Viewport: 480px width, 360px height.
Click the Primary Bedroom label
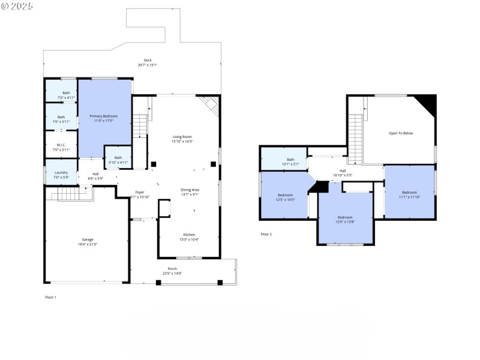[x=104, y=116]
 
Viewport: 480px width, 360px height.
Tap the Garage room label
[x=88, y=239]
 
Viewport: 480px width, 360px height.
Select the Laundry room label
[x=61, y=173]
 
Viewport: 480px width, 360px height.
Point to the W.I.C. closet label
[x=61, y=145]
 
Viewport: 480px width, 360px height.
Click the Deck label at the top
[x=148, y=60]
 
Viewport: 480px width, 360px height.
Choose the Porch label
[x=172, y=268]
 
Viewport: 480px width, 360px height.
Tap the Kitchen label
[x=189, y=235]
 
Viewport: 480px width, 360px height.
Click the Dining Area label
[x=190, y=190]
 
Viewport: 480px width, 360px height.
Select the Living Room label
[x=182, y=137]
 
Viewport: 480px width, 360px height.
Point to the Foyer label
[x=139, y=192]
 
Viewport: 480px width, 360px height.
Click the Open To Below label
[x=401, y=133]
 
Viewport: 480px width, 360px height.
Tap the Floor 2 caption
[x=266, y=234]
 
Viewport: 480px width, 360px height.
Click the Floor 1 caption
[x=50, y=297]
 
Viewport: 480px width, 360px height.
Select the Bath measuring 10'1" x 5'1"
[x=290, y=160]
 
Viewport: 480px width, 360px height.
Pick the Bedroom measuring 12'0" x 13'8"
[x=345, y=217]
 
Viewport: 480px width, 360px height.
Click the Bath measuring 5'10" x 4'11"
[x=118, y=158]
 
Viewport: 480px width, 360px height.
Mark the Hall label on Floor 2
[x=343, y=171]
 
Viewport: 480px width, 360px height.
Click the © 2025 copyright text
[x=17, y=6]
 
